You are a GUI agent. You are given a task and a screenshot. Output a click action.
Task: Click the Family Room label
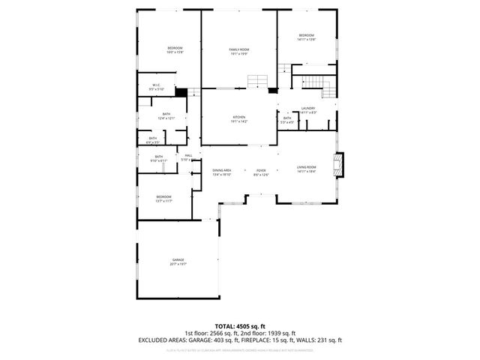point(238,49)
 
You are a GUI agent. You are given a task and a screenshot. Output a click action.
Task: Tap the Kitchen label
point(238,118)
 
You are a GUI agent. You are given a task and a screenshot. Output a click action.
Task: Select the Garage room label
point(177,260)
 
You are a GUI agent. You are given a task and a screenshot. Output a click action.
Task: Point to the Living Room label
point(306,167)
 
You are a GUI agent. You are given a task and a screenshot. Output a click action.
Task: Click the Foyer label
point(261,171)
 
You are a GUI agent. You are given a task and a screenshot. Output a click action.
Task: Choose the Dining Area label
point(221,171)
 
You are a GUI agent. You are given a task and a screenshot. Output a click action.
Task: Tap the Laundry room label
point(307,109)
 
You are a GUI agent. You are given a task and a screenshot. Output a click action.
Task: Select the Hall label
point(188,155)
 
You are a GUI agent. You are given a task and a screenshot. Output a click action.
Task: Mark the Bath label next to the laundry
point(287,118)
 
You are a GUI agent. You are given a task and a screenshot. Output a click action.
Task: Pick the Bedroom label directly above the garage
point(164,197)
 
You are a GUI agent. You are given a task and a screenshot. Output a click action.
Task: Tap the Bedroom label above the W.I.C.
point(175,49)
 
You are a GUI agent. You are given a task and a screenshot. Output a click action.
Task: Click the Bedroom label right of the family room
point(306,36)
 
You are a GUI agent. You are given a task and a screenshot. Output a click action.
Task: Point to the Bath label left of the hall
point(158,157)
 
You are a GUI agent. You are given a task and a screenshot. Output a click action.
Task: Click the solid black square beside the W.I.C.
point(180,93)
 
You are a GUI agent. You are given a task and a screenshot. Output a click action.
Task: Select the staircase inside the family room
point(258,81)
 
